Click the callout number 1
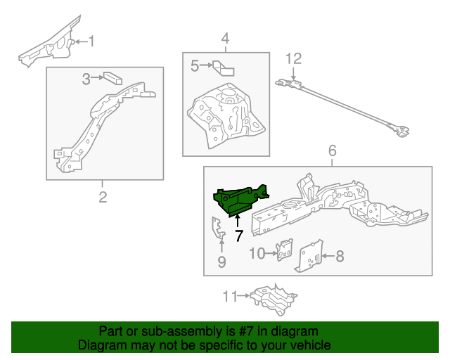pyautogui.click(x=90, y=41)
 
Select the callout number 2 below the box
pyautogui.click(x=103, y=197)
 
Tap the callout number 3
pyautogui.click(x=86, y=79)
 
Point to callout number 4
pyautogui.click(x=225, y=39)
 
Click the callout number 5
pyautogui.click(x=195, y=66)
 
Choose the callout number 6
pyautogui.click(x=333, y=150)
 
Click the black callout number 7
pyautogui.click(x=239, y=236)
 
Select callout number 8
pyautogui.click(x=340, y=257)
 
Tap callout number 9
pyautogui.click(x=221, y=262)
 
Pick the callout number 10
pyautogui.click(x=257, y=253)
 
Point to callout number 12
pyautogui.click(x=293, y=58)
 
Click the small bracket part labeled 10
pyautogui.click(x=284, y=249)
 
